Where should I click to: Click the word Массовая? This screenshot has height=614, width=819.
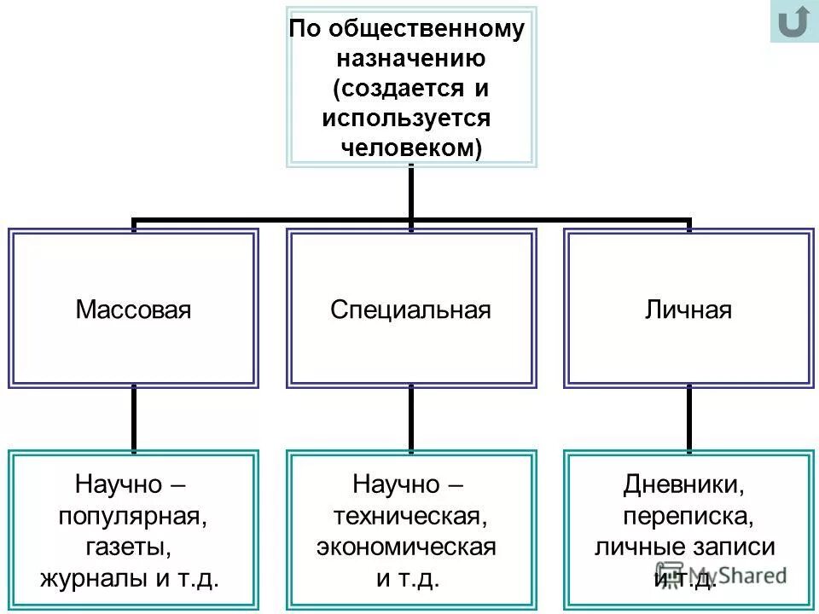133,309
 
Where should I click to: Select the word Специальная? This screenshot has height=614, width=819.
410,309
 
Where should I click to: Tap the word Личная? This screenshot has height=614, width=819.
688,309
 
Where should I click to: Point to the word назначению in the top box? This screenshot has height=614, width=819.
410,59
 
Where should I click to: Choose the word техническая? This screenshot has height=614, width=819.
410,516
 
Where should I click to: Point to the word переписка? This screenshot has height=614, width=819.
688,516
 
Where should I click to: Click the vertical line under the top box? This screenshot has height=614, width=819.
411,192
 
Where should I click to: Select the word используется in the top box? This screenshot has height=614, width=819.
406,118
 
